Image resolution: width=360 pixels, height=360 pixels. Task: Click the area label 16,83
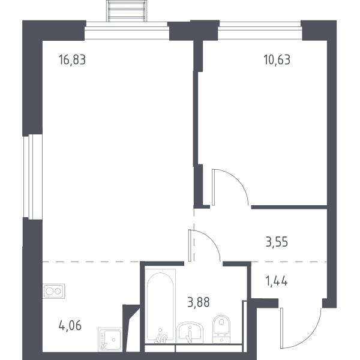point(72,59)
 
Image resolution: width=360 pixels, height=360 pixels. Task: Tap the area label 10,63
point(277,59)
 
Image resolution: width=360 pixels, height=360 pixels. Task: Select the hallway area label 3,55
point(277,242)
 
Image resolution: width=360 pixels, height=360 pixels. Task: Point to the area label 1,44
point(277,281)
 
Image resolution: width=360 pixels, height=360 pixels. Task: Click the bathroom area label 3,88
point(199,302)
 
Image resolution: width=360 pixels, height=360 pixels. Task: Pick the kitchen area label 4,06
point(70,326)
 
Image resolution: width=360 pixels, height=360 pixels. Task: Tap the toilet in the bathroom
point(221,329)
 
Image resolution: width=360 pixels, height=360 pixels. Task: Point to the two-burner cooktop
point(54,291)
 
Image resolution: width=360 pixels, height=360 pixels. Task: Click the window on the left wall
point(33,176)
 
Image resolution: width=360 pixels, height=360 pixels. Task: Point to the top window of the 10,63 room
point(260,31)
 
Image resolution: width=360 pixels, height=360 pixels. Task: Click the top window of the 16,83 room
point(127,31)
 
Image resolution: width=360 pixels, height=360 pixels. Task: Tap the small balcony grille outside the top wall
point(127,11)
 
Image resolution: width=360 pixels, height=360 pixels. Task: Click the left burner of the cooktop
point(49,291)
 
